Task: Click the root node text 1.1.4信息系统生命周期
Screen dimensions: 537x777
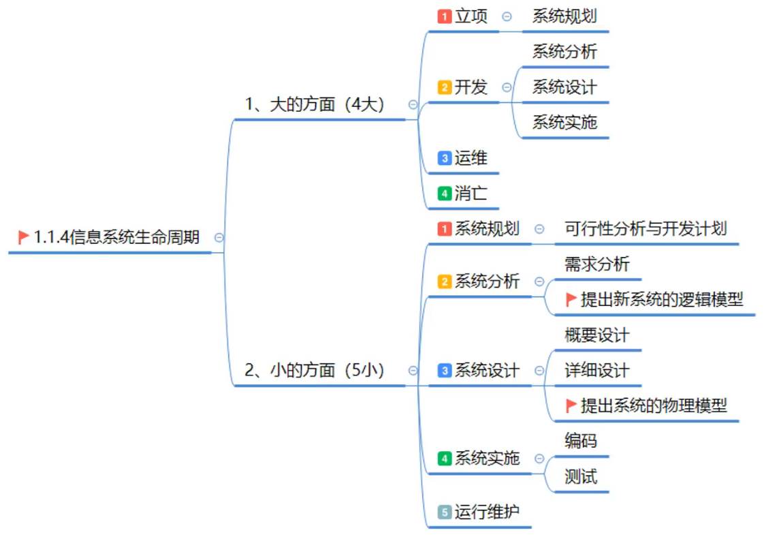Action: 116,237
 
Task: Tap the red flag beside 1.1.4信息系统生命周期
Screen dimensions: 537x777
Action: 24,237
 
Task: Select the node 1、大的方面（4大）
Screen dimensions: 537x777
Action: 315,104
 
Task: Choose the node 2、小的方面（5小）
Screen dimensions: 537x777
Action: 315,370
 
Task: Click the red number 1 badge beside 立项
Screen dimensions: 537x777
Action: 445,17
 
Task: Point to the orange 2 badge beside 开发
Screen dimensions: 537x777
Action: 445,87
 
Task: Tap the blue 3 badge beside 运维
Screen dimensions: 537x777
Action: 445,158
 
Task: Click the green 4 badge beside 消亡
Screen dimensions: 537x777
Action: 445,194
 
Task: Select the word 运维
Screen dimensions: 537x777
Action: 471,158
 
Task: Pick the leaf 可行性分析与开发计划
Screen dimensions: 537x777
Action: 646,228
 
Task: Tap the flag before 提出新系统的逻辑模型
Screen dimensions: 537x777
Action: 571,299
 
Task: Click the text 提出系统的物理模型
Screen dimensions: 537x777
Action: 654,405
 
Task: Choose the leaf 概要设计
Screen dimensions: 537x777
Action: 597,335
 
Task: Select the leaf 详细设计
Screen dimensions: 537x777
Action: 597,370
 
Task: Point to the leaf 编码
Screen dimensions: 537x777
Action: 581,440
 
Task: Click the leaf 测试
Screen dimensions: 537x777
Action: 581,476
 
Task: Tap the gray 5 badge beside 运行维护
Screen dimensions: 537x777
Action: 445,512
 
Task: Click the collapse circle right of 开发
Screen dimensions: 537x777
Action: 506,87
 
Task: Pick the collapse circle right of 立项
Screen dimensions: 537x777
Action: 506,17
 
